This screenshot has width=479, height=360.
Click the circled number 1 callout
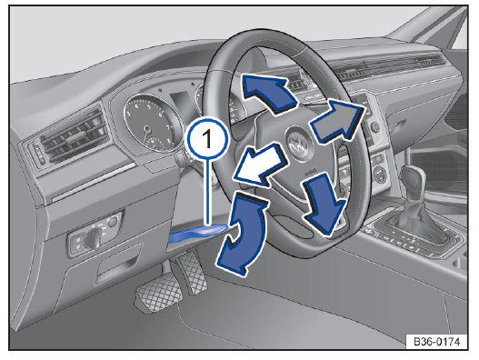208,139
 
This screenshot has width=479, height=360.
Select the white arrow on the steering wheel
260,165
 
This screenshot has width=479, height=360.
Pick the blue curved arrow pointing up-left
269,92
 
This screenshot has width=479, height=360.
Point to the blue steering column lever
198,233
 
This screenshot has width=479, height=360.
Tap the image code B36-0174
436,341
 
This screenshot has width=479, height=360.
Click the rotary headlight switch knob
95,238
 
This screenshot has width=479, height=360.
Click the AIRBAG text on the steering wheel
311,172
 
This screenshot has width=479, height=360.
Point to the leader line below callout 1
208,193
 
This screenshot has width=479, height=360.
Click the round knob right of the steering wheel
375,126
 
